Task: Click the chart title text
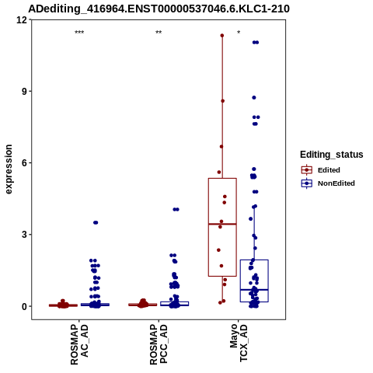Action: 159,9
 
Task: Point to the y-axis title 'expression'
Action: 9,169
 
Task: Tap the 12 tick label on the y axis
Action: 22,19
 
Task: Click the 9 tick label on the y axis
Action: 24,91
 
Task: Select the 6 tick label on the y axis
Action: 24,163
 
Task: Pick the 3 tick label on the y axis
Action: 24,235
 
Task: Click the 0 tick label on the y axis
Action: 24,306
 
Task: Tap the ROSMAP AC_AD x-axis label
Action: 79,344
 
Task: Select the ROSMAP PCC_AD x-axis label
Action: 159,344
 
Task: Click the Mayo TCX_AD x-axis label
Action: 239,343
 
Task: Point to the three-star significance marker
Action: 79,33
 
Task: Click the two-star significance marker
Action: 159,33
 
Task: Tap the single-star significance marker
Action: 239,33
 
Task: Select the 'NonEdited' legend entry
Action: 328,183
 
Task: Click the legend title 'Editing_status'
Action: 332,155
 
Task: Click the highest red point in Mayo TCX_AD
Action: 222,36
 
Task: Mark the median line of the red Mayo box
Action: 222,224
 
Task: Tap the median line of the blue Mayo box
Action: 254,290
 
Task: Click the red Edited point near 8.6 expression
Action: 223,101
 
